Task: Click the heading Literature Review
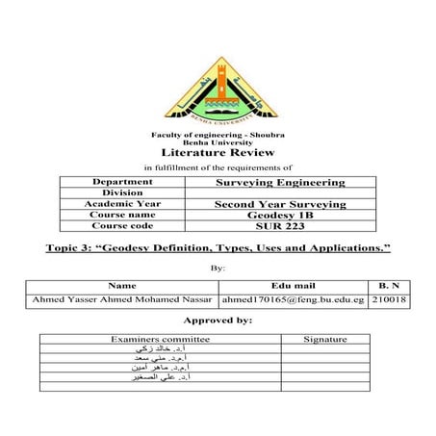click(218, 152)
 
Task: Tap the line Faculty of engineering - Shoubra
click(218, 134)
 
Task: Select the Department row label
click(121, 182)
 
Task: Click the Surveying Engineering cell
click(277, 182)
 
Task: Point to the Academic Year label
click(121, 204)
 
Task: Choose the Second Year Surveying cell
click(277, 204)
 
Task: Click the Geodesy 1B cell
click(277, 215)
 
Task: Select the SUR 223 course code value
click(277, 226)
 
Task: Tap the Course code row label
click(121, 226)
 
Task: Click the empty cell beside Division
click(277, 192)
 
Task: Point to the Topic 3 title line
click(218, 249)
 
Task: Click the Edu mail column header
click(294, 286)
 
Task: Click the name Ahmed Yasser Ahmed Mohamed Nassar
click(122, 300)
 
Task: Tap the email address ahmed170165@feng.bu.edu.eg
click(294, 300)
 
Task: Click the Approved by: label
click(218, 319)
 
